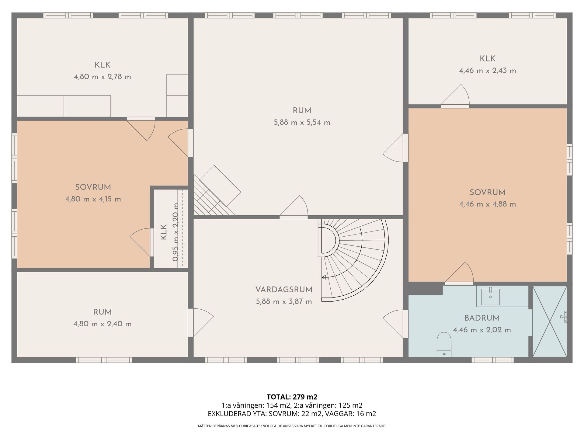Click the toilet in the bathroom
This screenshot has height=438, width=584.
pyautogui.click(x=444, y=344)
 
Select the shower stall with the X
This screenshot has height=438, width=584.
pyautogui.click(x=550, y=321)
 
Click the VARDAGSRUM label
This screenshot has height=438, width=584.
pyautogui.click(x=284, y=290)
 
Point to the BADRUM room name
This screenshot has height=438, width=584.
pyautogui.click(x=482, y=318)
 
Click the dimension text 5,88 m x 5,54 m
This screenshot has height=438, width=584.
pyautogui.click(x=302, y=123)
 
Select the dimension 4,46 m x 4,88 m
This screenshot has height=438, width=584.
pyautogui.click(x=487, y=204)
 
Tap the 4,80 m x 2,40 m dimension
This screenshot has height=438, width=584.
pyautogui.click(x=102, y=324)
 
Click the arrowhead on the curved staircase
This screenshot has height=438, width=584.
pyautogui.click(x=324, y=277)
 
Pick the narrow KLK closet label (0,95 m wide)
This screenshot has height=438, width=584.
pyautogui.click(x=164, y=232)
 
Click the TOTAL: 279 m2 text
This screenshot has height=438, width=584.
pyautogui.click(x=292, y=397)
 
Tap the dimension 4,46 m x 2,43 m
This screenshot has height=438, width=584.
pyautogui.click(x=487, y=71)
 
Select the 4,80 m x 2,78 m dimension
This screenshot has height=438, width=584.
pyautogui.click(x=102, y=77)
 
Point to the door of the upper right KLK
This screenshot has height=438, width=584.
pyautogui.click(x=455, y=96)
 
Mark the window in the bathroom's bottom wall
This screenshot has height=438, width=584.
pyautogui.click(x=493, y=360)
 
